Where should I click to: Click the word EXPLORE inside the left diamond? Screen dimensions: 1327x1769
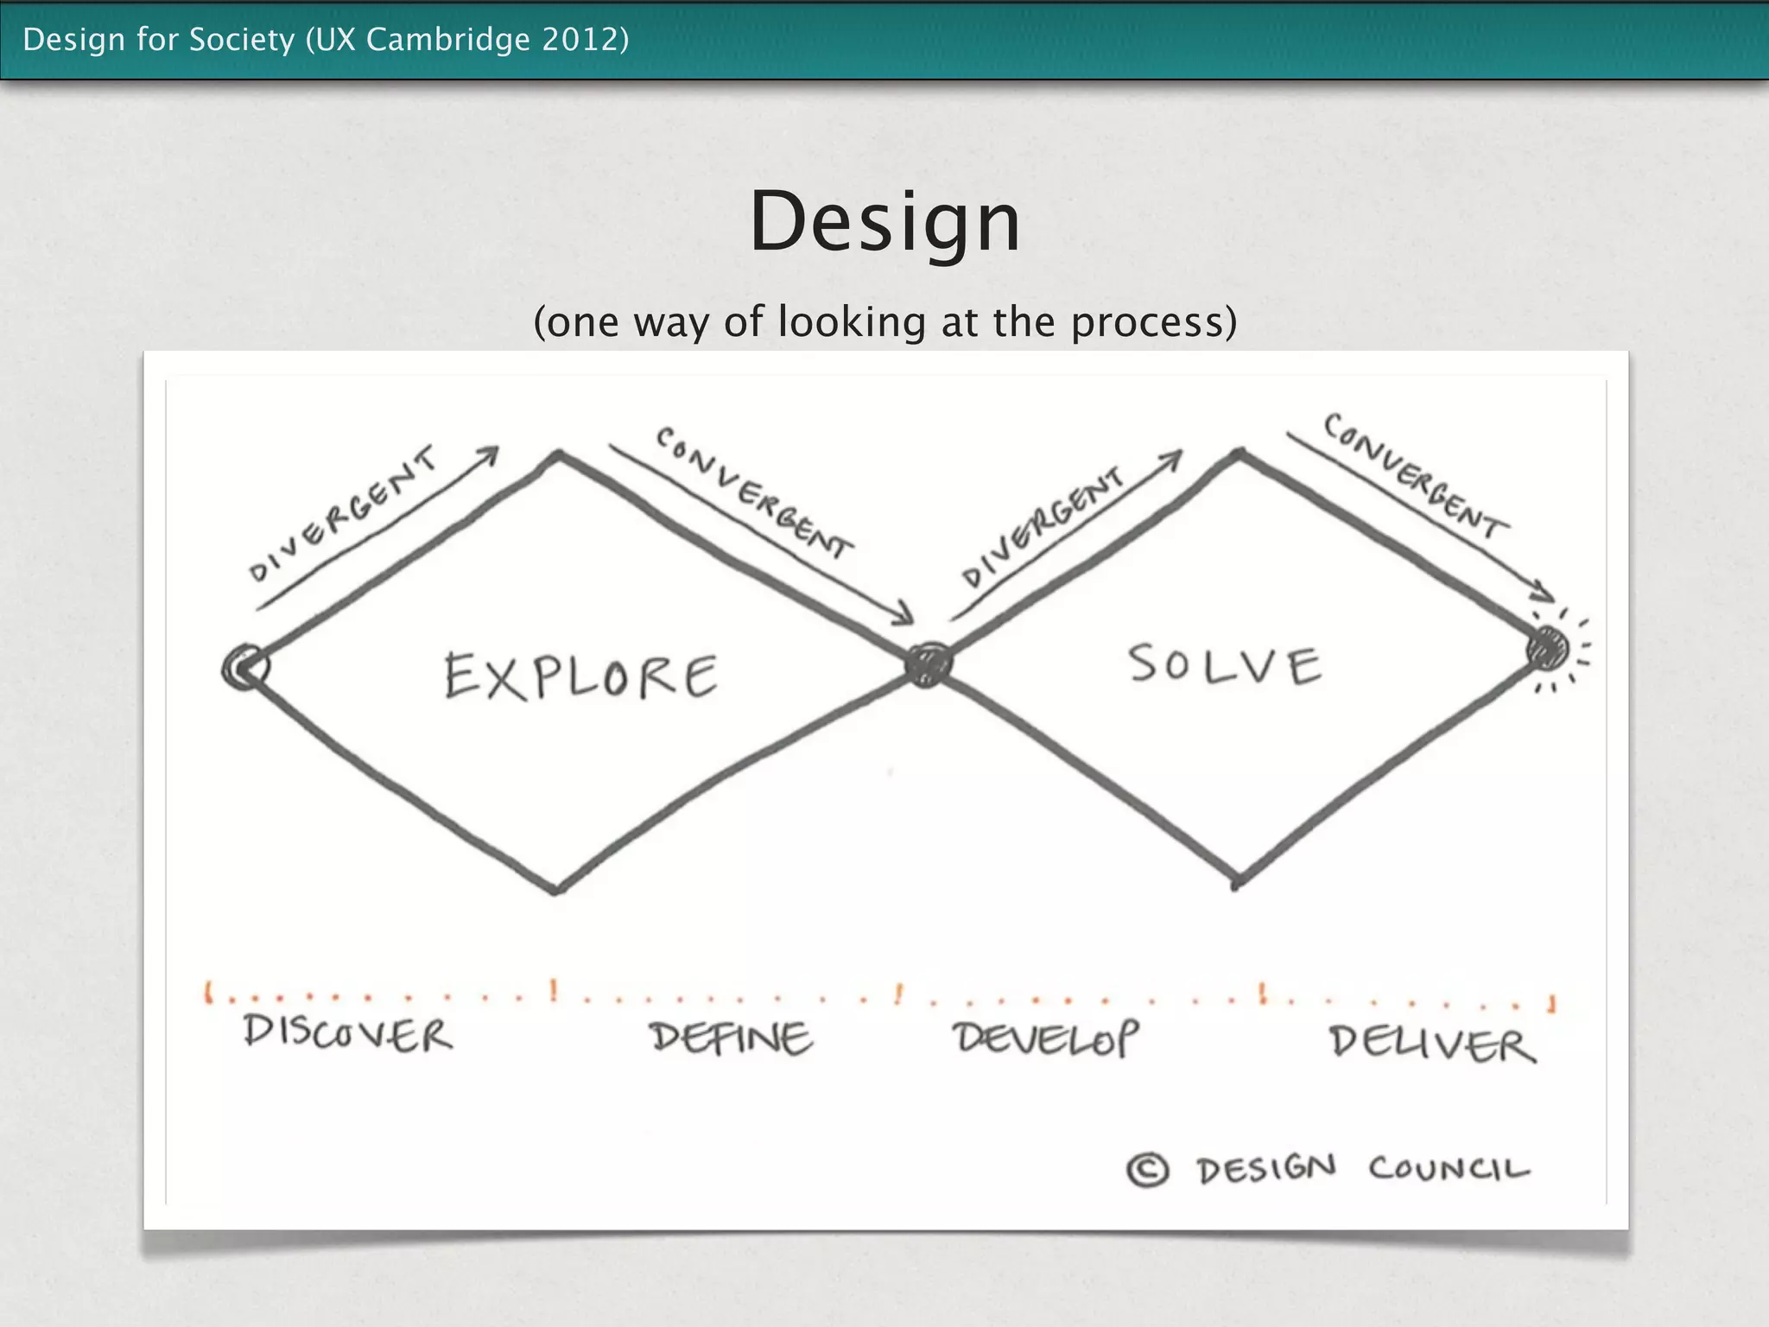[580, 676]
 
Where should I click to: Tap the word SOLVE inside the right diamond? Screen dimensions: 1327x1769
[1225, 665]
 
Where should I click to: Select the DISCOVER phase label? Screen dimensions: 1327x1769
[347, 1032]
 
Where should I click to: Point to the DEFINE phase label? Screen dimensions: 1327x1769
[731, 1038]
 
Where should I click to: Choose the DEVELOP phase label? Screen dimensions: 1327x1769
[1046, 1038]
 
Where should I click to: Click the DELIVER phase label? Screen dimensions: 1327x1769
[1432, 1044]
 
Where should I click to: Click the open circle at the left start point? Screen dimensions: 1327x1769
[245, 667]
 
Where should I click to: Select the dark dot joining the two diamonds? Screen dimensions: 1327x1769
[929, 664]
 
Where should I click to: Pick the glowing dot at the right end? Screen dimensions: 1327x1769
[1547, 648]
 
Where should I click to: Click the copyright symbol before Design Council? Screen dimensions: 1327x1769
[1148, 1171]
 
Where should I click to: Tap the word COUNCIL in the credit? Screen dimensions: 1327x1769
[1449, 1169]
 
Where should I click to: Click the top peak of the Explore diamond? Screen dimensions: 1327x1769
[560, 454]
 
